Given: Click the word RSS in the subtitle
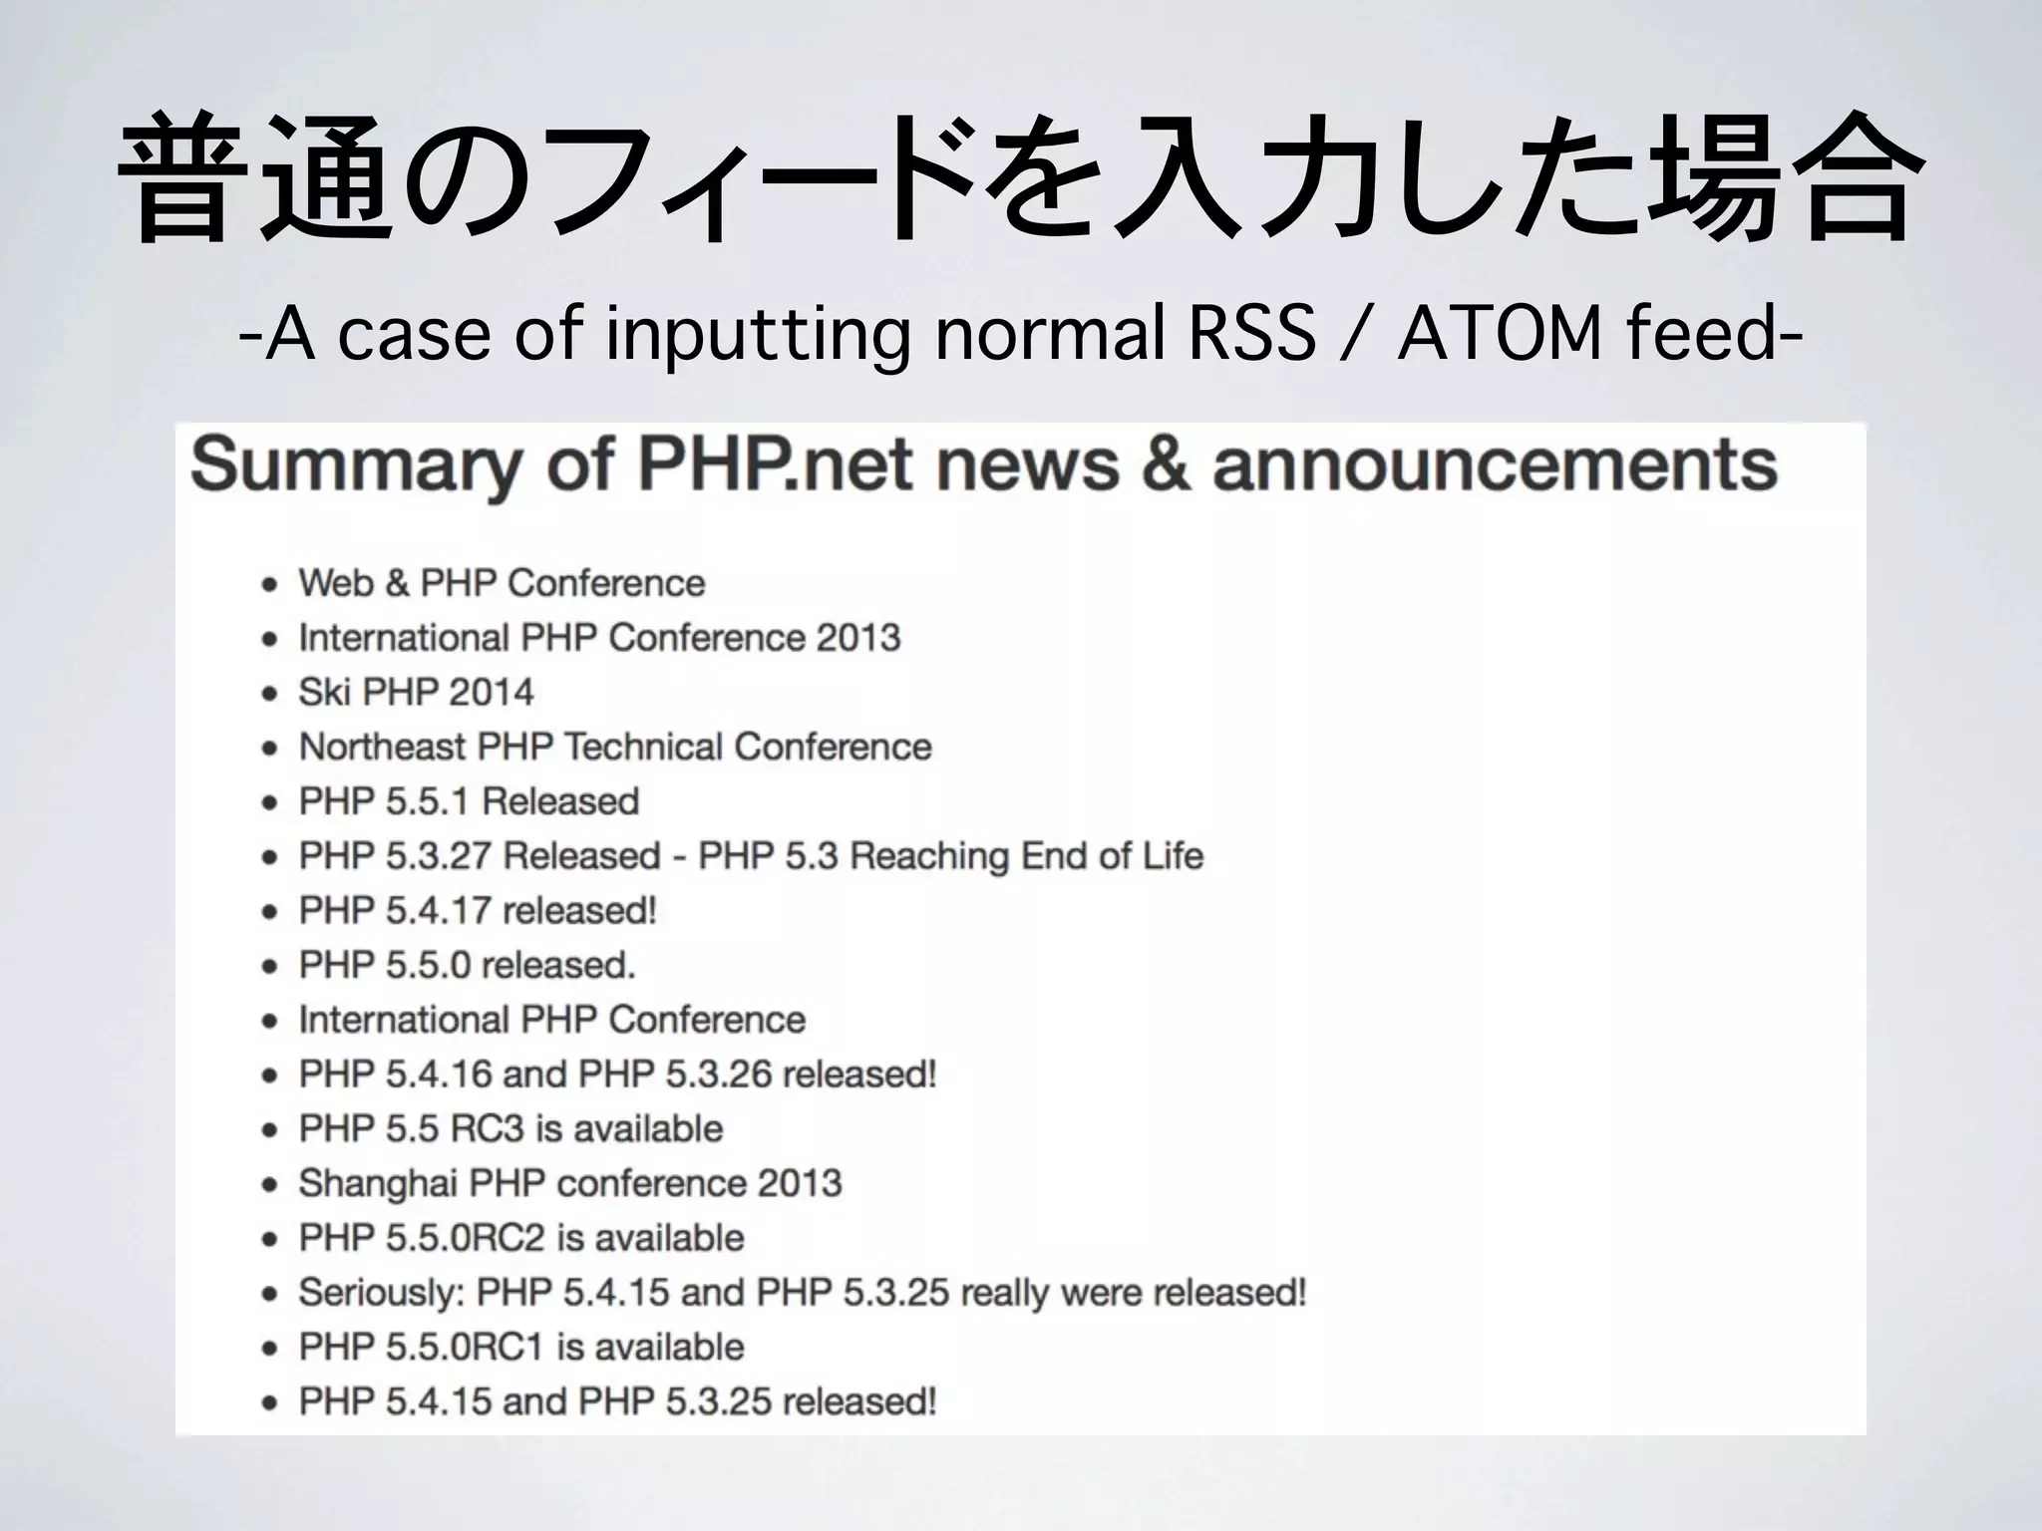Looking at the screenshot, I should point(1251,334).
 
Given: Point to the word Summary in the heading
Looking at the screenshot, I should point(355,465).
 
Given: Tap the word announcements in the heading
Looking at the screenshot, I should point(1495,465).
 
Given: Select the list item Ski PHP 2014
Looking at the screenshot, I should point(416,692).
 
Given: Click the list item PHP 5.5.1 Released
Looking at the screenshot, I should point(469,801).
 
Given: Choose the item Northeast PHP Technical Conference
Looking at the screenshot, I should point(615,747).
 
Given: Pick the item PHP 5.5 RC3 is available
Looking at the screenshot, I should point(510,1128).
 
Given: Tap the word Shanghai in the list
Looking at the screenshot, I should point(375,1183).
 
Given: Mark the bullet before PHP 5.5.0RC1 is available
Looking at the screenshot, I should point(269,1349).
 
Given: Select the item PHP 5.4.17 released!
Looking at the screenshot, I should point(478,910).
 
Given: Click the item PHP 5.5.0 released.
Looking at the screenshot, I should point(467,965).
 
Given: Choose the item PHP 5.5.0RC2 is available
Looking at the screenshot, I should point(521,1238).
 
